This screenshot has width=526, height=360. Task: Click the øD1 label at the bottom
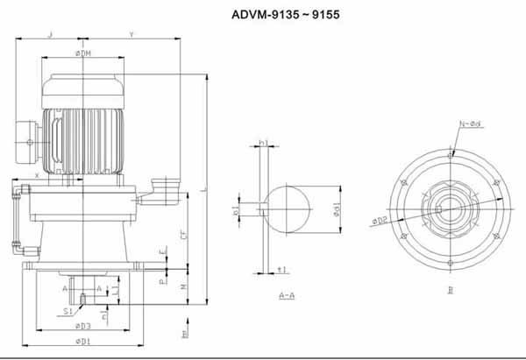point(84,340)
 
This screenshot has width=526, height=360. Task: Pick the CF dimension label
point(181,235)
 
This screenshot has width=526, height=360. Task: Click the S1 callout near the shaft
point(68,309)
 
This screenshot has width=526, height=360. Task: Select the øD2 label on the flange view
point(380,220)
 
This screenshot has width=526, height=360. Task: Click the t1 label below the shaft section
point(281,269)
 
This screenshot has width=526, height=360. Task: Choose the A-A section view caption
point(286,296)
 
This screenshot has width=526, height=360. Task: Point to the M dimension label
point(181,286)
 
